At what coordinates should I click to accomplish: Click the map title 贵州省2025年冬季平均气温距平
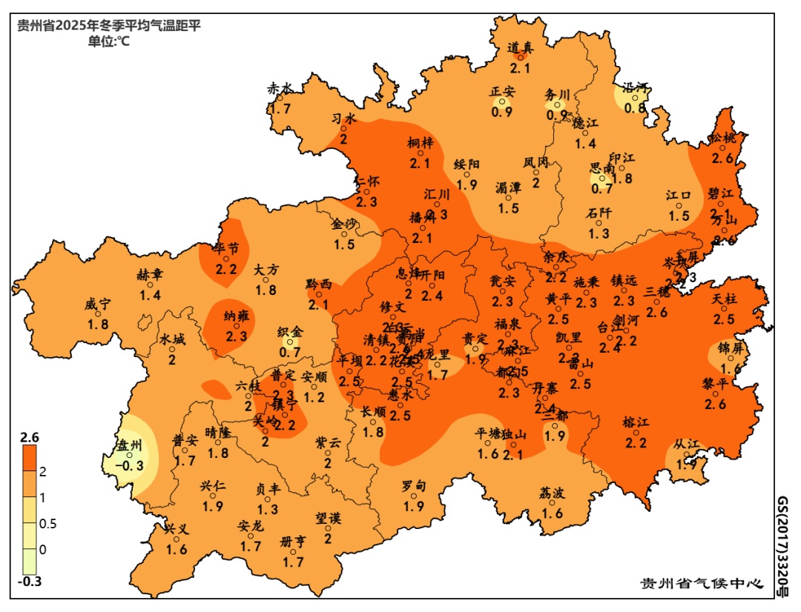click(x=109, y=26)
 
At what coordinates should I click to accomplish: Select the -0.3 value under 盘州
click(x=133, y=466)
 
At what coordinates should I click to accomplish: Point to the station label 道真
click(x=520, y=47)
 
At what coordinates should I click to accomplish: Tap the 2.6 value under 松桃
click(x=724, y=158)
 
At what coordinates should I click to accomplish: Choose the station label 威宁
click(x=98, y=305)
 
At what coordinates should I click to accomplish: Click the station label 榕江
click(x=636, y=423)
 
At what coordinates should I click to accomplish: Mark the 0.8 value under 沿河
click(x=635, y=107)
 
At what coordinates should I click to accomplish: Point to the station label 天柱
click(x=725, y=299)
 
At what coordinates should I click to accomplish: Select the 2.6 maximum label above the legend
click(x=30, y=438)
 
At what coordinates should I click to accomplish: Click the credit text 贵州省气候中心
click(x=702, y=583)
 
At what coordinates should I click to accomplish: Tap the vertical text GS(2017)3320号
click(x=783, y=547)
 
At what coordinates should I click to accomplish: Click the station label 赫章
click(x=150, y=275)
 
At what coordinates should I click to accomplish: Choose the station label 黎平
click(x=715, y=384)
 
